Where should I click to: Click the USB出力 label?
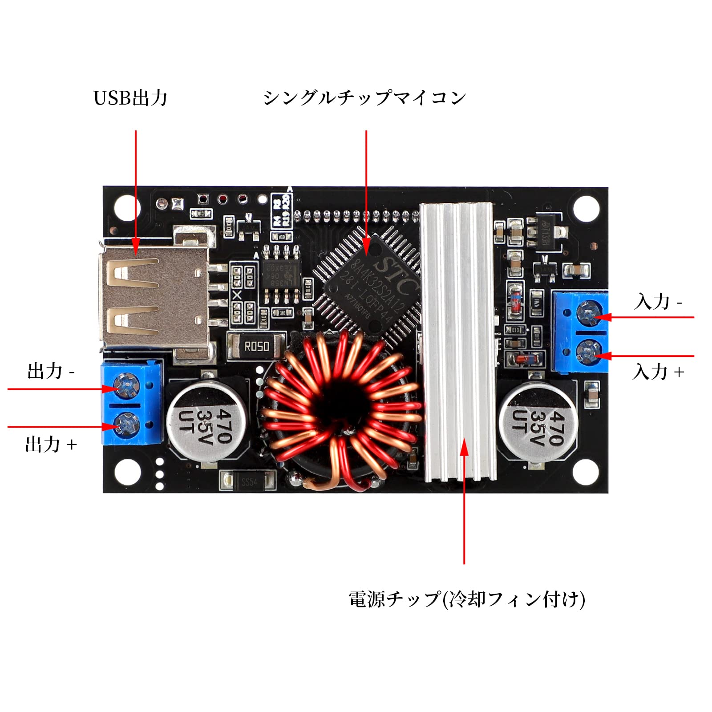(130, 98)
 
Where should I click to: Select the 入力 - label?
(658, 302)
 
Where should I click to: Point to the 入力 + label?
(658, 372)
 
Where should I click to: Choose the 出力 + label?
(51, 445)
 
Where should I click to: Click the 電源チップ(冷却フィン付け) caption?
(466, 599)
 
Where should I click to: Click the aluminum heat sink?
(457, 343)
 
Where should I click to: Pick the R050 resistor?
(256, 346)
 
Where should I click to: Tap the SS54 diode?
(249, 481)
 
